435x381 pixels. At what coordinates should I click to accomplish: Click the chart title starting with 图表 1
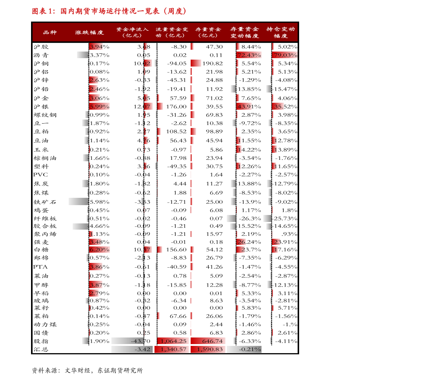(x=109, y=11)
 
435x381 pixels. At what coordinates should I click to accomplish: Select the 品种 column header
(x=50, y=33)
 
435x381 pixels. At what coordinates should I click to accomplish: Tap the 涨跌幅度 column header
(x=89, y=33)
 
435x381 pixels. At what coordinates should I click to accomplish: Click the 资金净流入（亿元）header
(x=132, y=33)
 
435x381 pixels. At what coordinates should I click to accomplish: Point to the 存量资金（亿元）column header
(x=208, y=33)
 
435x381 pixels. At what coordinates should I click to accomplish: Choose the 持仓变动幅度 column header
(x=281, y=33)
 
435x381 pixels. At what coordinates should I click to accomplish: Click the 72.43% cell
(x=249, y=55)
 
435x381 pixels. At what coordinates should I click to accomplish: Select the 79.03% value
(x=285, y=55)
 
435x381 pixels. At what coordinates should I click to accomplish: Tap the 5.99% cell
(x=99, y=106)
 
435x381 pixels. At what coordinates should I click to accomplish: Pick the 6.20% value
(x=99, y=250)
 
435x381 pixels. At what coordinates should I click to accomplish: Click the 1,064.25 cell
(x=173, y=341)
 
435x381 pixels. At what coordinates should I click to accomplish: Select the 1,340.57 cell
(x=172, y=350)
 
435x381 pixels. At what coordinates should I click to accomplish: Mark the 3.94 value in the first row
(x=96, y=46)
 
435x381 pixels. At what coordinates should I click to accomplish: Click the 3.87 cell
(x=96, y=285)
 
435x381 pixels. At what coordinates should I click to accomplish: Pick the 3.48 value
(x=95, y=242)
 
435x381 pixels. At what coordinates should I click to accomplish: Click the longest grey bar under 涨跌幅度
(x=79, y=201)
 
